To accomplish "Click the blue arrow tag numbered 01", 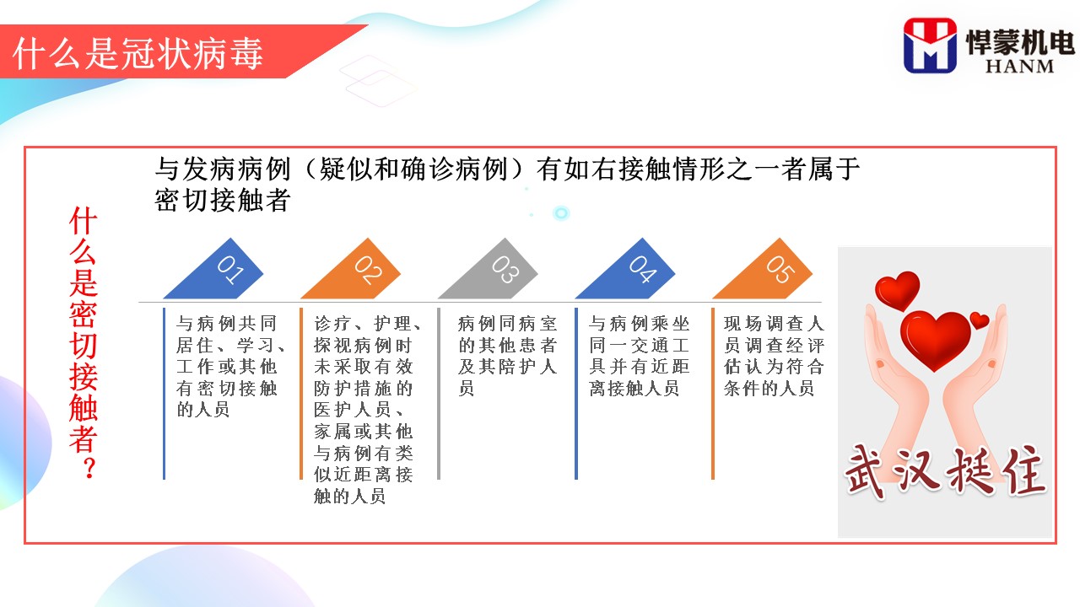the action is point(217,272).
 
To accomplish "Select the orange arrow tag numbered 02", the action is point(354,272).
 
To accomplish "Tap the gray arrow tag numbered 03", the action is point(492,272).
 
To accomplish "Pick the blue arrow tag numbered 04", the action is point(629,272).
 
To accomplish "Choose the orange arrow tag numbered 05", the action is point(767,272).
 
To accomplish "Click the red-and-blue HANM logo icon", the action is point(930,46).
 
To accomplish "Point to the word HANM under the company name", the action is point(1019,67).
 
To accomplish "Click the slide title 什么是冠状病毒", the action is point(138,53).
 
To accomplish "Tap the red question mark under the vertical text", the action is point(89,468).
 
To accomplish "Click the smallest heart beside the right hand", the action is point(980,320).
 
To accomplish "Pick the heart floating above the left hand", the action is point(897,289).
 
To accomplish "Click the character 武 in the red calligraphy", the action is point(868,471).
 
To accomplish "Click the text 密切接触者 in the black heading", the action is point(222,200).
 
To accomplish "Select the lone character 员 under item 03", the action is point(467,388).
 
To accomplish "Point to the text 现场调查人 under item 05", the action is point(774,323).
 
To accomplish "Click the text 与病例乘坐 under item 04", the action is point(640,323).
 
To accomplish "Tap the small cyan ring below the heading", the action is point(561,213).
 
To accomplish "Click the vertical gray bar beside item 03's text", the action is point(439,394).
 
